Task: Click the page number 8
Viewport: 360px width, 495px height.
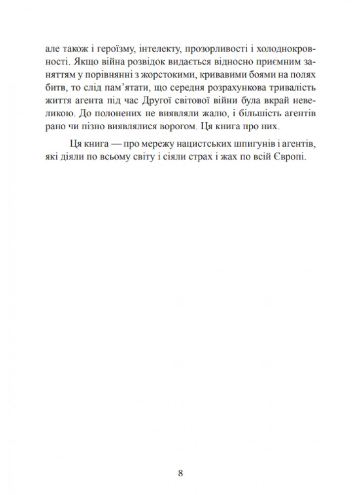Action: (180, 473)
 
